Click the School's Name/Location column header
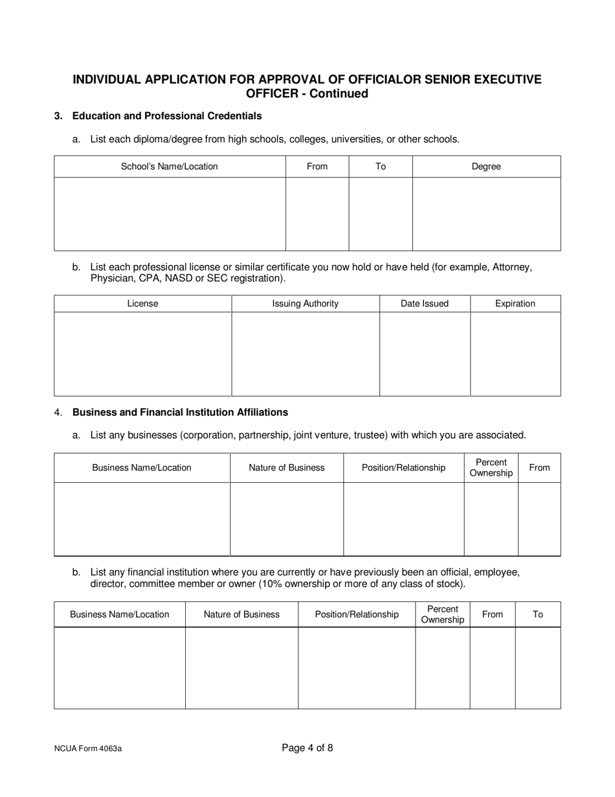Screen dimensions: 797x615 pyautogui.click(x=170, y=167)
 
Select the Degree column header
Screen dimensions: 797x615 pyautogui.click(x=486, y=167)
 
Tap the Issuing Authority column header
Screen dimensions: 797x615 pyautogui.click(x=305, y=303)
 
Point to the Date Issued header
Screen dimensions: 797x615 pyautogui.click(x=425, y=303)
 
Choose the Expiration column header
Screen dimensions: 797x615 pyautogui.click(x=515, y=303)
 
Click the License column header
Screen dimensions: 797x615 pyautogui.click(x=142, y=303)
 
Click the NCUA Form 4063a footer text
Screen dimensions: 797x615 pyautogui.click(x=88, y=748)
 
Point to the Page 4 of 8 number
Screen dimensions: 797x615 pyautogui.click(x=307, y=748)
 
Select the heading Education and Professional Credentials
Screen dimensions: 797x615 pyautogui.click(x=167, y=116)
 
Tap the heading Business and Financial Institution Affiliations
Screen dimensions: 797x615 pyautogui.click(x=180, y=412)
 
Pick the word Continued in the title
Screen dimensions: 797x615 pyautogui.click(x=338, y=94)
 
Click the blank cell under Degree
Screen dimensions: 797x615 pyautogui.click(x=486, y=214)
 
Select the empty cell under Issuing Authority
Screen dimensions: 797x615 pyautogui.click(x=305, y=354)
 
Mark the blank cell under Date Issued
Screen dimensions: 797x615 pyautogui.click(x=425, y=354)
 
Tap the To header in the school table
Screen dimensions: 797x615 pyautogui.click(x=381, y=167)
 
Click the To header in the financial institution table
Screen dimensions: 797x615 pyautogui.click(x=538, y=614)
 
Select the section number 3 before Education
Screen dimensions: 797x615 pyautogui.click(x=58, y=116)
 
